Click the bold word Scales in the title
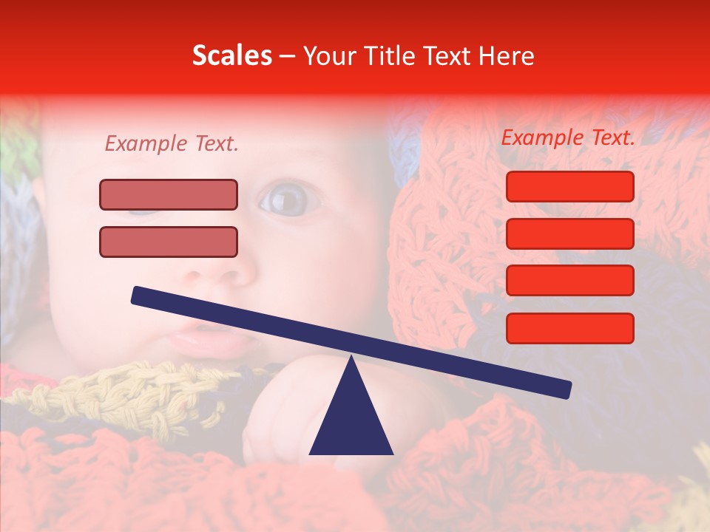(x=231, y=55)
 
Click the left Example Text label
(x=172, y=144)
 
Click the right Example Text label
(x=568, y=137)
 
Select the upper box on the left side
(x=169, y=194)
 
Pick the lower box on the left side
(x=169, y=242)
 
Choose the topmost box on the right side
(x=569, y=186)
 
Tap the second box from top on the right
(x=569, y=233)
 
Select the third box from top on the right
(x=569, y=281)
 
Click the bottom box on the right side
(x=569, y=328)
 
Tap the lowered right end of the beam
(x=565, y=389)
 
